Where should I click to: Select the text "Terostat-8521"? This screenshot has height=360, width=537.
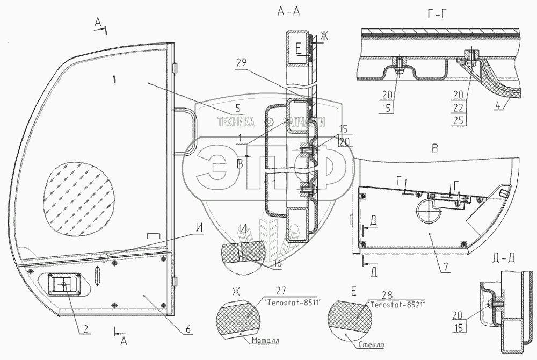click(x=397, y=305)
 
